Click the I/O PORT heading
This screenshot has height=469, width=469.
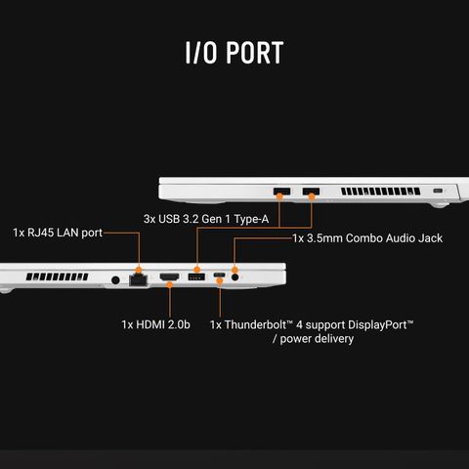(x=234, y=52)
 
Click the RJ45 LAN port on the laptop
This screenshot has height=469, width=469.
(x=139, y=280)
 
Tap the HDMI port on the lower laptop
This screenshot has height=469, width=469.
(x=169, y=277)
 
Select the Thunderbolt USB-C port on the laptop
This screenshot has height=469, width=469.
(x=219, y=275)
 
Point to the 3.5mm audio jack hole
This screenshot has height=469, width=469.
(x=234, y=277)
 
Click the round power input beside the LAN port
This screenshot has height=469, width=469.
(x=115, y=279)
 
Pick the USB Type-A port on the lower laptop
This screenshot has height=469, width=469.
(x=196, y=277)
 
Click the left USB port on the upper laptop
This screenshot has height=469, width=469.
(x=282, y=192)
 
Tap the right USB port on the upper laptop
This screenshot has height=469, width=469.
(x=311, y=192)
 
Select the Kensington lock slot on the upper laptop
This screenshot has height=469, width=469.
(x=438, y=191)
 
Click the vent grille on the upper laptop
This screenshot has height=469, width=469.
(x=380, y=192)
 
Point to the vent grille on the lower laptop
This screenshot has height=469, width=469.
(x=57, y=277)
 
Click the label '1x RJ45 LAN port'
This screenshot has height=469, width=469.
(x=58, y=233)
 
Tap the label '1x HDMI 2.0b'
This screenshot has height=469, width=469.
(x=155, y=324)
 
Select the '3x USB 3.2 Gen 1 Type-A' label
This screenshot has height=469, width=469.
(x=206, y=219)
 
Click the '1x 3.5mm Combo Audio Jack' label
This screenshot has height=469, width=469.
(x=367, y=238)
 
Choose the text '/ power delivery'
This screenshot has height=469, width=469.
(x=313, y=339)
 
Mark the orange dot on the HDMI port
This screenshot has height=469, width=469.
(x=169, y=285)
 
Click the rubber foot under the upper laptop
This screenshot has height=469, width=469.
(x=439, y=205)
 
